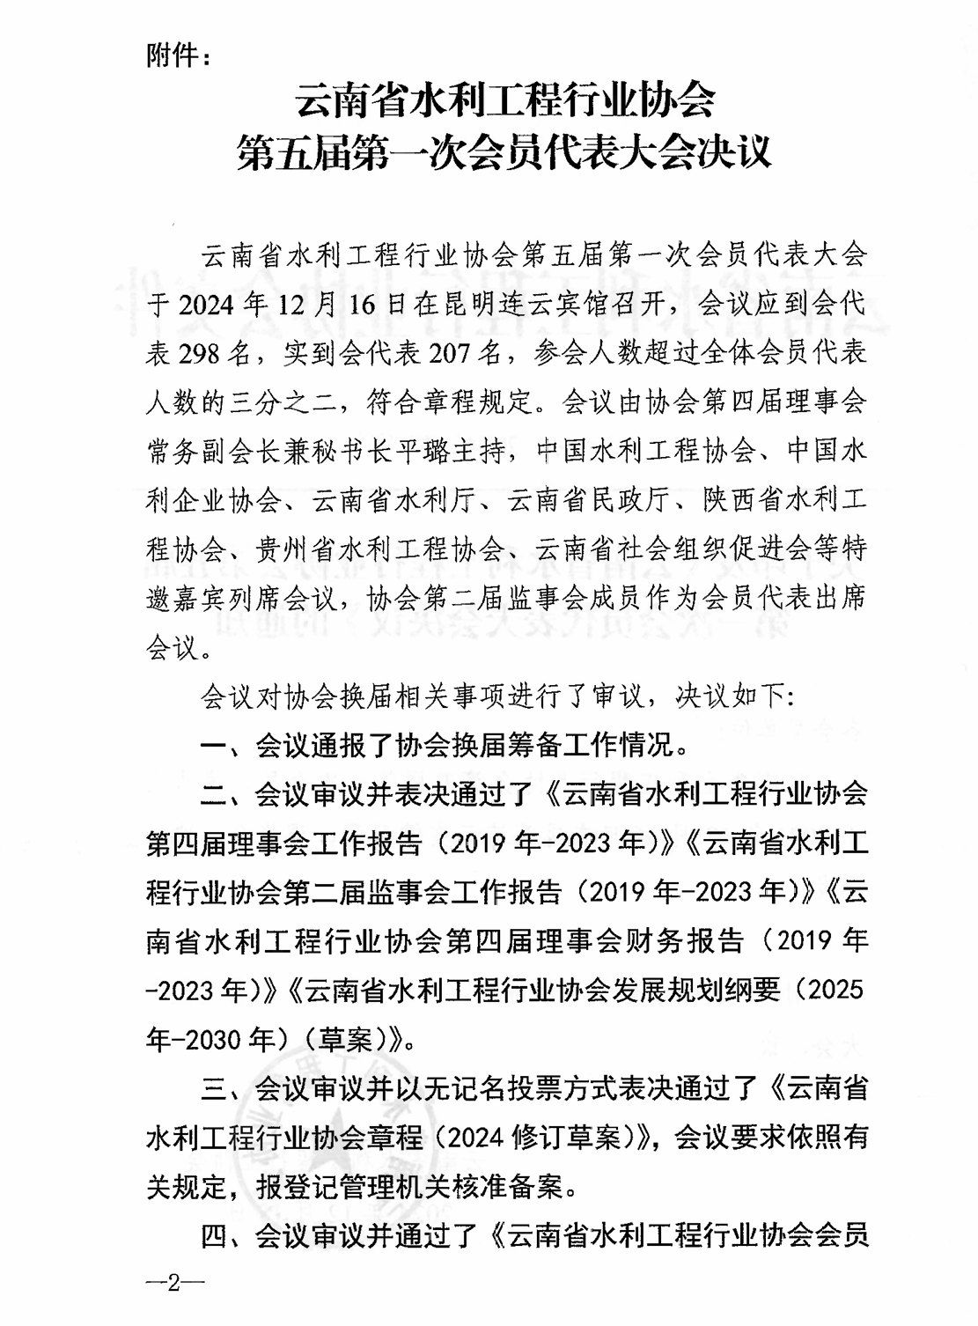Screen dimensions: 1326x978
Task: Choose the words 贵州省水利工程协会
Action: pos(366,550)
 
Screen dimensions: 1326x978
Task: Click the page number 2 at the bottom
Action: pos(173,1283)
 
